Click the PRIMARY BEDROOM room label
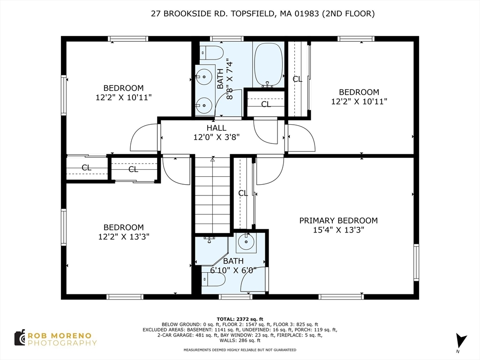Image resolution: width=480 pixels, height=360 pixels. [x=338, y=220]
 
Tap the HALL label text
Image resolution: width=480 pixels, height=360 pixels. [x=216, y=128]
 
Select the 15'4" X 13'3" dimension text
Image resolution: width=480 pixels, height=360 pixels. [x=338, y=230]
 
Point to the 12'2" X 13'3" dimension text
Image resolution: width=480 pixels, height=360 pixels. [x=124, y=237]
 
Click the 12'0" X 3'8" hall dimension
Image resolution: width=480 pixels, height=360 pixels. [x=216, y=137]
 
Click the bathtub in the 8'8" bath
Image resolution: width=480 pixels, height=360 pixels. [x=268, y=65]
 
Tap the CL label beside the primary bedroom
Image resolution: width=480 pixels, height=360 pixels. [x=243, y=193]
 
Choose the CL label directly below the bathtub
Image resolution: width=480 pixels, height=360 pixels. [x=266, y=105]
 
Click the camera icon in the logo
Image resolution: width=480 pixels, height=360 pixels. [x=20, y=337]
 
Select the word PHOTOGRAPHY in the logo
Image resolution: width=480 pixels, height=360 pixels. [x=62, y=343]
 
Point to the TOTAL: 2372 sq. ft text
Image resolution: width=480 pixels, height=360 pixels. [x=240, y=319]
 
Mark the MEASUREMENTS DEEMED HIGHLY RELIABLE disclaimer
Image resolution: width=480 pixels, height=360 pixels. [x=240, y=350]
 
